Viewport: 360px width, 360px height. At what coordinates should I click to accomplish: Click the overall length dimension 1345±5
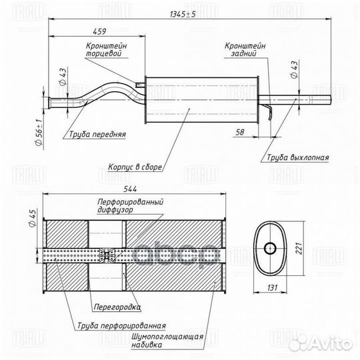click(183, 14)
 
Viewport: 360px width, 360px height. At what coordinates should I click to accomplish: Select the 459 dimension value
click(99, 31)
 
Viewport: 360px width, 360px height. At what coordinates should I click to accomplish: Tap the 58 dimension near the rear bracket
click(240, 132)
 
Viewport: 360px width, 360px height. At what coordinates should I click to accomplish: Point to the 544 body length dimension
click(130, 189)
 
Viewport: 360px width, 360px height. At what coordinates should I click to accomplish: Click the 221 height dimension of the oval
click(299, 248)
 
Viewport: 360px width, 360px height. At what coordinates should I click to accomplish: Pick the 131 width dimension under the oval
click(272, 287)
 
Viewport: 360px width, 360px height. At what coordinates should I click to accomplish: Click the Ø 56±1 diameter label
click(39, 133)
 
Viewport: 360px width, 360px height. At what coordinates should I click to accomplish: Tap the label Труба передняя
click(97, 134)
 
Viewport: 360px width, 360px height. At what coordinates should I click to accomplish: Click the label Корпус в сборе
click(135, 167)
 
